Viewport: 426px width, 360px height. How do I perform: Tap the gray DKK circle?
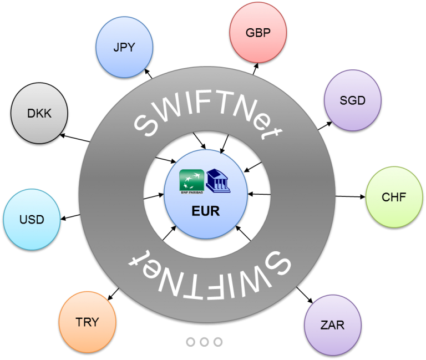point(39,114)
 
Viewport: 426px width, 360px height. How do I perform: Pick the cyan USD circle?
point(32,220)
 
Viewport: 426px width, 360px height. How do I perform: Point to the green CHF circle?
point(394,197)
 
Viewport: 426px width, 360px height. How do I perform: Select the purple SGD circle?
point(352,100)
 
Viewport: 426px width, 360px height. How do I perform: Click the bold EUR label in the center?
point(206,211)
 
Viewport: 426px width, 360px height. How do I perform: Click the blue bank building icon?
point(218,180)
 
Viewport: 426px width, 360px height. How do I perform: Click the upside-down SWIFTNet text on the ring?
point(208,266)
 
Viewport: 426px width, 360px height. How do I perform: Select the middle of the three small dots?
point(204,342)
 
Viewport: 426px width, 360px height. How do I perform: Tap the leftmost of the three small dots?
point(191,342)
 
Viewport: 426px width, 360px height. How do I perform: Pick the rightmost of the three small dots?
point(217,342)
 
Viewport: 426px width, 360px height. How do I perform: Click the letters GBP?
point(258,33)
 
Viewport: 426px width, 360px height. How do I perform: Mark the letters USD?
point(32,220)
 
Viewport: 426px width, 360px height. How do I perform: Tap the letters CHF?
point(394,197)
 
